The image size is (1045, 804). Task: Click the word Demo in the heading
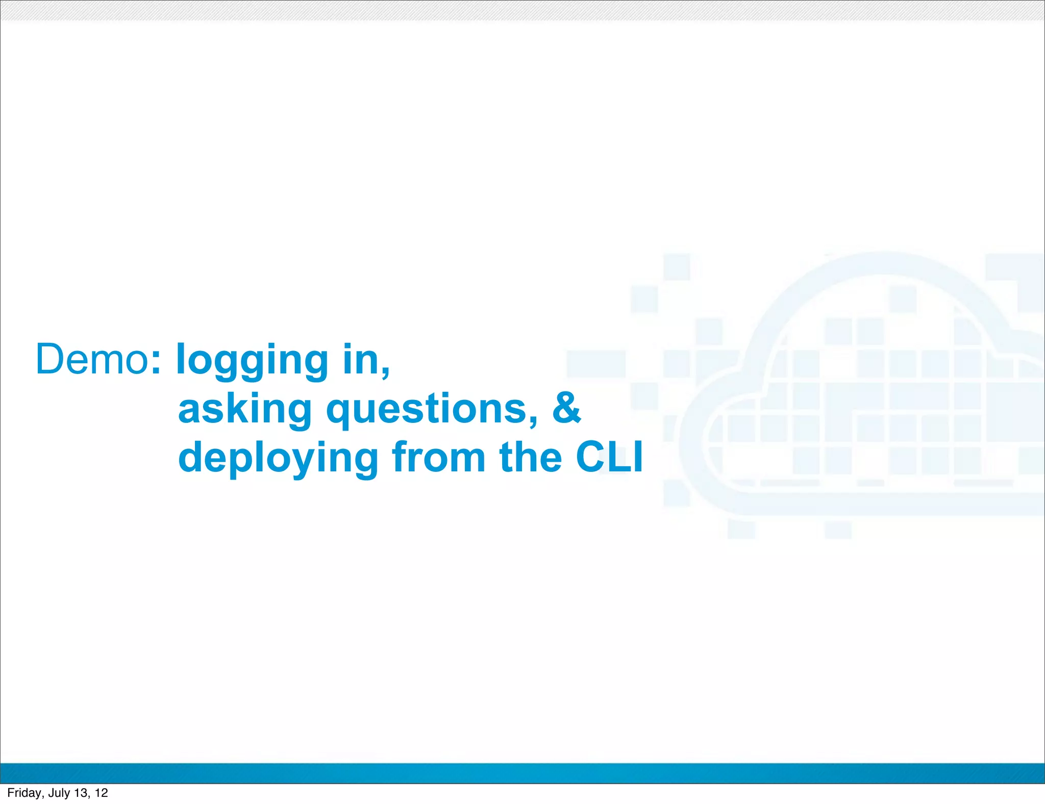click(x=91, y=359)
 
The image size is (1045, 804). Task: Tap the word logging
click(x=252, y=361)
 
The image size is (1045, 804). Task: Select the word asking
click(x=244, y=410)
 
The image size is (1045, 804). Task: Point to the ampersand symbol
click(x=566, y=408)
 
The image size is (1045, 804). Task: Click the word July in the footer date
click(x=59, y=793)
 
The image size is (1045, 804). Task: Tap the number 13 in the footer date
click(x=81, y=793)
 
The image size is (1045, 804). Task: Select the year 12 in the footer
click(x=101, y=793)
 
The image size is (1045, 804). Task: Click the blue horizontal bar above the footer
click(x=522, y=773)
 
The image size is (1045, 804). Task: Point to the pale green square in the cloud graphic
click(x=1031, y=460)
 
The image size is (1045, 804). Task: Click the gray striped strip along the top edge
click(x=522, y=10)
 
